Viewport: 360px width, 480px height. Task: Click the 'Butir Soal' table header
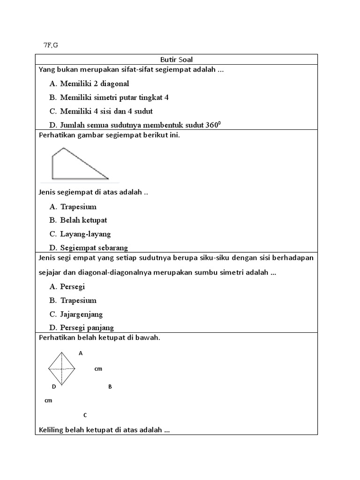(176, 60)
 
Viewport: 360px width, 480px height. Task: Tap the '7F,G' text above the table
(51, 45)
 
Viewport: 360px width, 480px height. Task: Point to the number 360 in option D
(211, 125)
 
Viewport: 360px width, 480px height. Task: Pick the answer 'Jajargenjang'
(81, 314)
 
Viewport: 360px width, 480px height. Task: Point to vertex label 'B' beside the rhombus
(110, 387)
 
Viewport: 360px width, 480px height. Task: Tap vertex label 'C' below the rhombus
(85, 415)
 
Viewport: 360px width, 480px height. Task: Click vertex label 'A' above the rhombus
(81, 353)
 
